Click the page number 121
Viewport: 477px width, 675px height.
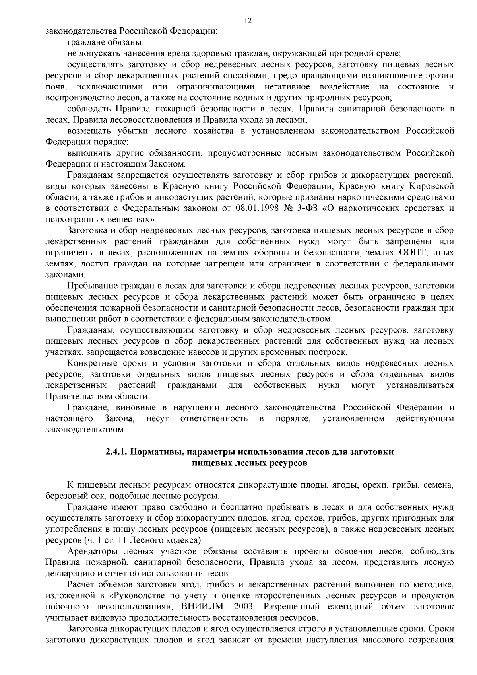pos(250,21)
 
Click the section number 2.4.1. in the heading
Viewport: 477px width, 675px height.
pos(116,452)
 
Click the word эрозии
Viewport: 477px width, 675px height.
pos(440,76)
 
